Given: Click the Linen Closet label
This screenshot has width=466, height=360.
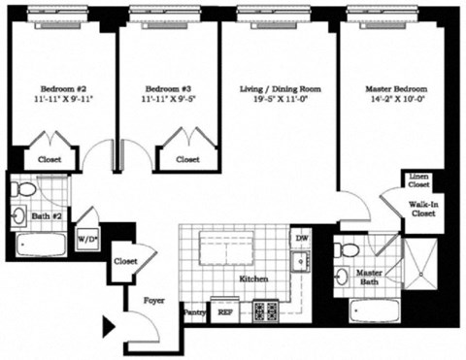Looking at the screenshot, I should (x=418, y=179).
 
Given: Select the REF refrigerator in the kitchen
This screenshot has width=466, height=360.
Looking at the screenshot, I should (x=224, y=313).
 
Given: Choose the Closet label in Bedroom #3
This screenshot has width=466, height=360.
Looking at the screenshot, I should (x=187, y=159).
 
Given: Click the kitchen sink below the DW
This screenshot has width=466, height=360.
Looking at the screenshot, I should (x=301, y=260).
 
